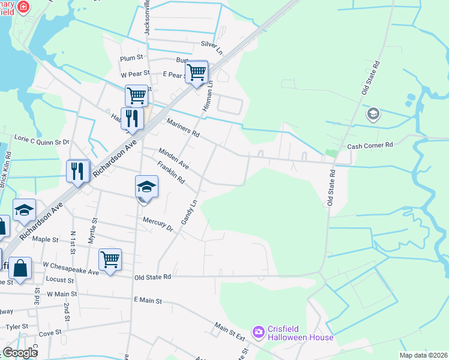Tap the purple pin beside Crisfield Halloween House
pos(259,331)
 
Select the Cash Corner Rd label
pos(370,145)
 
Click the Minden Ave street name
pos(173,158)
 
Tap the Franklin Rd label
pos(170,173)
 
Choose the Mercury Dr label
pos(157,224)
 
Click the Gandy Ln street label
pos(189,213)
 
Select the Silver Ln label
pos(211,44)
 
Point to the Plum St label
pos(131,58)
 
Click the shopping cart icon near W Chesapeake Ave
pos(110,260)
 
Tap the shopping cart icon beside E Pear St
pos(197,73)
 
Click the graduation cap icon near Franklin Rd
pos(146,187)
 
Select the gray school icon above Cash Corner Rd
pos(373,114)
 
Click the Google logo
pos(20,352)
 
